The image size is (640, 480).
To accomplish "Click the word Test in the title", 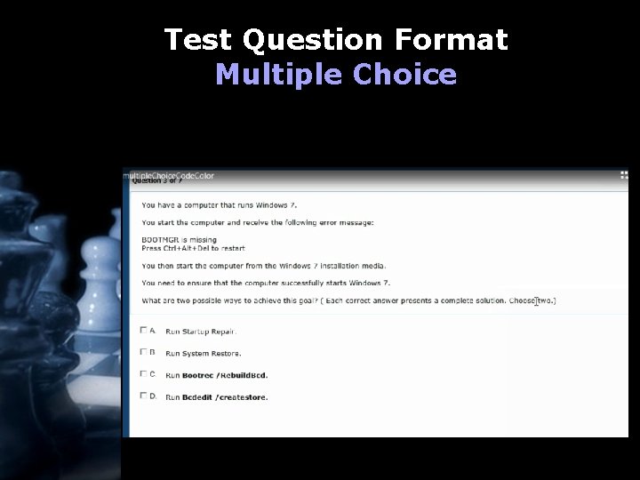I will [199, 40].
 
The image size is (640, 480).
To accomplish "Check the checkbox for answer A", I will [144, 331].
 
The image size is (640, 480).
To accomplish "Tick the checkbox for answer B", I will [144, 353].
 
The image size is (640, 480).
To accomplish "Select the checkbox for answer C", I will [144, 374].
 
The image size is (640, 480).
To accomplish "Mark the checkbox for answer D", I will [144, 396].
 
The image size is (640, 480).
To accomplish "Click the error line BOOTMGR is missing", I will [180, 240].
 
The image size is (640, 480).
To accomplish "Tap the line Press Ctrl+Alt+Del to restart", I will [193, 248].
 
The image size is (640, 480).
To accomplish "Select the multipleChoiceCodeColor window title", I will [169, 175].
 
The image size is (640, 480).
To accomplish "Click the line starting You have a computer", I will [212, 204].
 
